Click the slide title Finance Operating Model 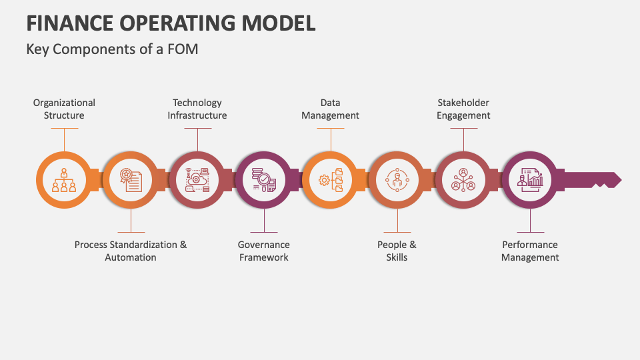pos(171,23)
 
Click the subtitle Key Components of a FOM pos(112,49)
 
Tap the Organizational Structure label pos(64,109)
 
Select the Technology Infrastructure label pos(197,109)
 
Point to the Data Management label pos(330,109)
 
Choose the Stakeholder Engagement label pos(463,109)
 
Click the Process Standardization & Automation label pos(131,251)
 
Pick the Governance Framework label pos(264,251)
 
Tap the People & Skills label pos(397,251)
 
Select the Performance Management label pos(530,251)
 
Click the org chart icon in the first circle pos(64,180)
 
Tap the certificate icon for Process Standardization pos(131,180)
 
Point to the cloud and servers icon pos(197,180)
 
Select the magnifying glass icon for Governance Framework pos(264,180)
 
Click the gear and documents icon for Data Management pos(331,180)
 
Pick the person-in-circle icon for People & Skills pos(397,180)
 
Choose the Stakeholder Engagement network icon pos(463,180)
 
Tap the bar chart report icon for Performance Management pos(530,180)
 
